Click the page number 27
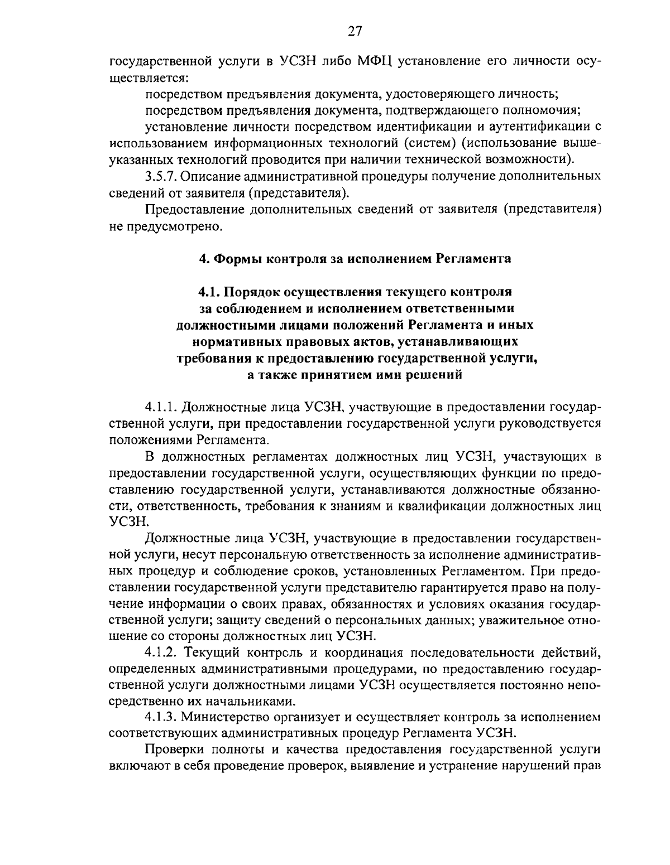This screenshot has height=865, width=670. point(355,32)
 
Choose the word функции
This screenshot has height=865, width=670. point(510,473)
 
